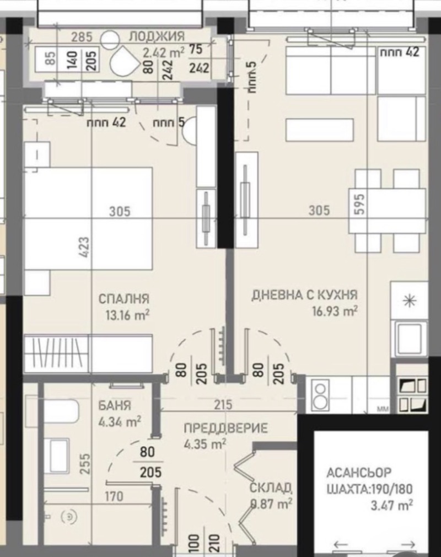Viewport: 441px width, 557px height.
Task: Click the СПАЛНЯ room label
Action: tap(124, 299)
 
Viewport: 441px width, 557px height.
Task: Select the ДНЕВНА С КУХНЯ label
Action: tap(305, 295)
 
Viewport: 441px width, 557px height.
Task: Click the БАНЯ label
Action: tap(115, 406)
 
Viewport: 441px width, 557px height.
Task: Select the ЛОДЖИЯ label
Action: tap(156, 37)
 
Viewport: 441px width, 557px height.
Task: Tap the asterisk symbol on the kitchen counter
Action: tap(408, 301)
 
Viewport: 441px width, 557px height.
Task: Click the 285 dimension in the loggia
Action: tap(82, 38)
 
